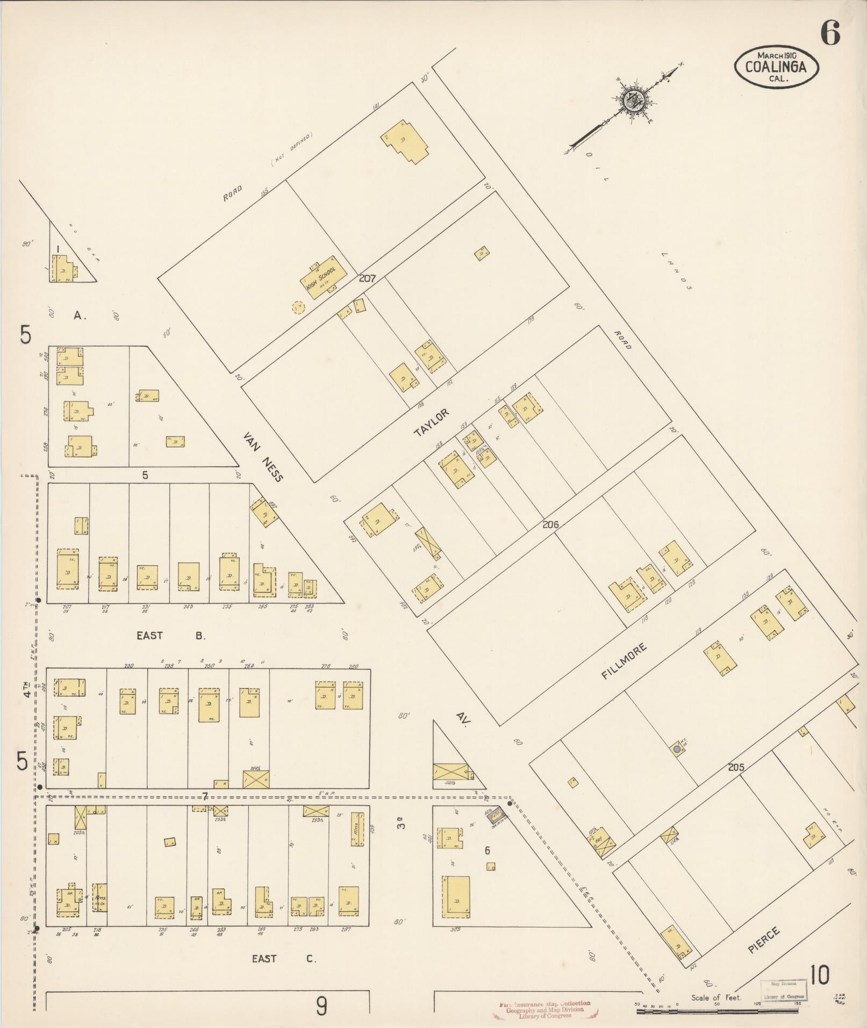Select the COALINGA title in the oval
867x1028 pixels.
776,67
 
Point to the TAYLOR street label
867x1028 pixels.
431,422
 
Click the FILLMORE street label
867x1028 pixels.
624,662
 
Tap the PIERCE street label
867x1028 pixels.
763,940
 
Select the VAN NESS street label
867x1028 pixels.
263,456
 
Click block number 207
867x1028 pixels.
368,279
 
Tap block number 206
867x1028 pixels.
550,524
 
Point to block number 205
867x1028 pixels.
736,767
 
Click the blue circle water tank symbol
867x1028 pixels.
677,749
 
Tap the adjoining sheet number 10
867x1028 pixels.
820,975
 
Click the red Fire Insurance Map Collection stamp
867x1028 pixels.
545,1009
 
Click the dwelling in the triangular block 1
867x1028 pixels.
63,269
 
